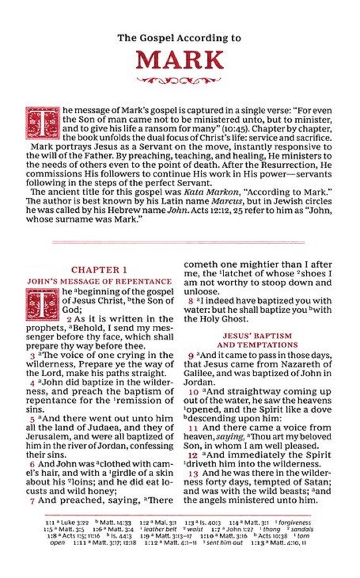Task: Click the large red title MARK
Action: (179, 61)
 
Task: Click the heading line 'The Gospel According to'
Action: (179, 39)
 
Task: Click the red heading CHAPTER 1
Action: (99, 269)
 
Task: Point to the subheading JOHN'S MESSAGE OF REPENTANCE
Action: (99, 281)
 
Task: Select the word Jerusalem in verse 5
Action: (50, 437)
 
